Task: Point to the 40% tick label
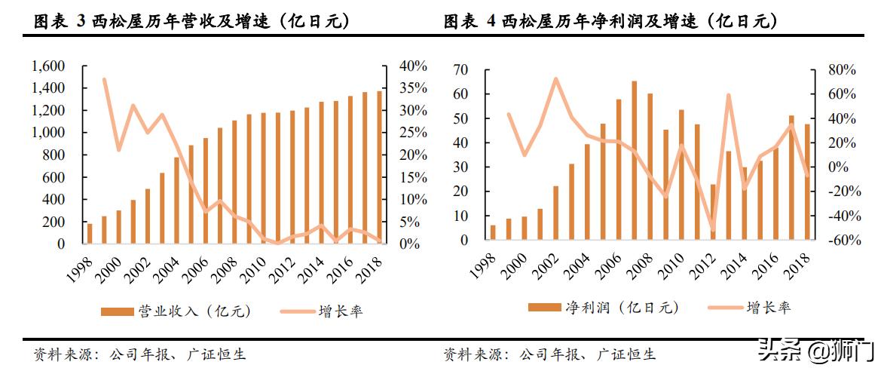413,66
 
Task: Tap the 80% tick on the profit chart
841,70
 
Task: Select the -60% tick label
840,241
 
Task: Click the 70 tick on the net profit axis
460,70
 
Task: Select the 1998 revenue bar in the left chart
90,234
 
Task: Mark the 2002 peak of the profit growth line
555,78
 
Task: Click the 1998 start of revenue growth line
104,79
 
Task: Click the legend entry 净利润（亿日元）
603,308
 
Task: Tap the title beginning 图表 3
192,22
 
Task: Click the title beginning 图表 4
610,22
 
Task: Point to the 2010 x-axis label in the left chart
250,267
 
